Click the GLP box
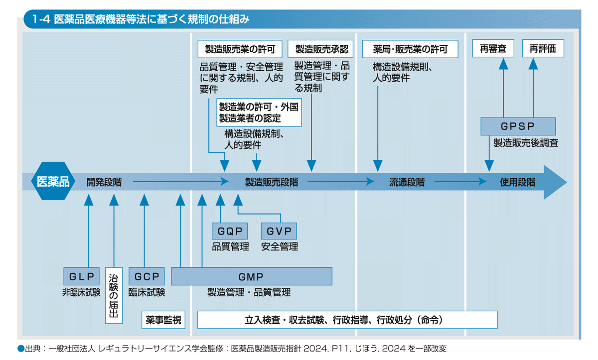pos(81,276)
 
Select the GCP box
pos(147,276)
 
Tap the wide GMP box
pos(252,276)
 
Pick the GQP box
pos(230,231)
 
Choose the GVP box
pos(279,231)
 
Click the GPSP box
pos(518,126)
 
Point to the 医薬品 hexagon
pos(53,181)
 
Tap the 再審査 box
pos(493,48)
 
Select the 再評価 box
pos(543,48)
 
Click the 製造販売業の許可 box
pos(240,49)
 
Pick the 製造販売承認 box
pos(320,49)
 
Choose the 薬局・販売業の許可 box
pos(410,49)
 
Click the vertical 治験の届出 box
pos(114,295)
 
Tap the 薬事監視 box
pos(163,320)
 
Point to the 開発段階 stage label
pos(104,182)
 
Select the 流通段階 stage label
pos(407,182)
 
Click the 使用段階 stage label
pos(518,182)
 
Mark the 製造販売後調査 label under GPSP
pos(526,143)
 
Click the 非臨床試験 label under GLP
pos(81,292)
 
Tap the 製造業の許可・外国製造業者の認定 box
pos(259,112)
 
